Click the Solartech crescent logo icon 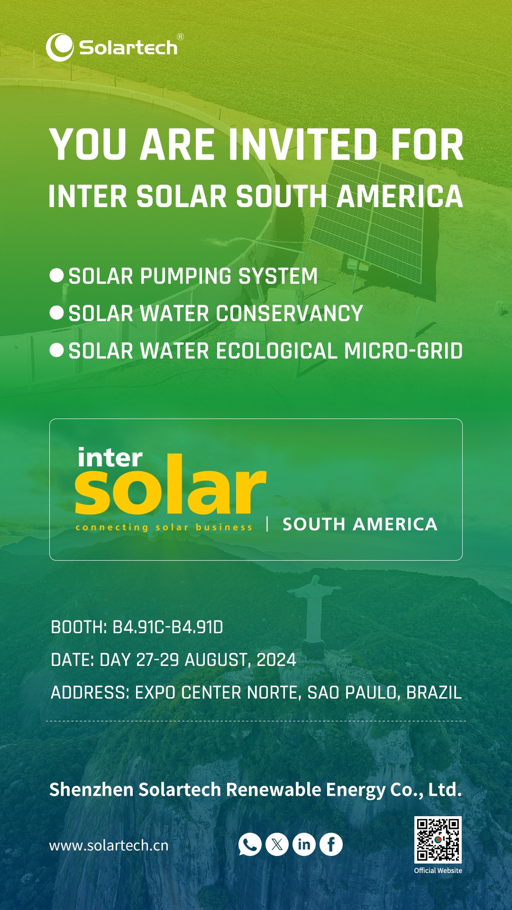(x=59, y=47)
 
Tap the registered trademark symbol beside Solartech (x=180, y=37)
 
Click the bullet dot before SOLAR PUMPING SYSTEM (x=56, y=275)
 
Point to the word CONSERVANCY (x=290, y=314)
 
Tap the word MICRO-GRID (x=403, y=351)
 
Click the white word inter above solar (x=110, y=458)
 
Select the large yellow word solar (x=171, y=484)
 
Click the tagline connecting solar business (x=164, y=527)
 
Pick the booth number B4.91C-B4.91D (x=168, y=628)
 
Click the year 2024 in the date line (x=276, y=660)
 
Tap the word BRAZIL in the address (x=434, y=693)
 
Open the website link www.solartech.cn (x=109, y=846)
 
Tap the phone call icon (x=250, y=844)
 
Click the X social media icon (x=277, y=844)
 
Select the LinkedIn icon (x=304, y=844)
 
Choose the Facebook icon (x=331, y=844)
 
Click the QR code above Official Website (x=438, y=840)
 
